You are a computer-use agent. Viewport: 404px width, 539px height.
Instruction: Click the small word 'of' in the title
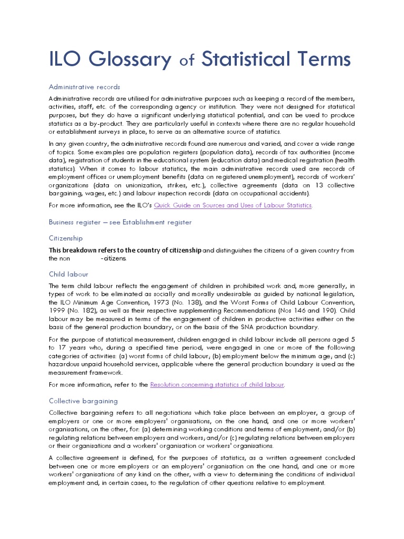[187, 62]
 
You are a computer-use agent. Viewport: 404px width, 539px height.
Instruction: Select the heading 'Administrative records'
[84, 87]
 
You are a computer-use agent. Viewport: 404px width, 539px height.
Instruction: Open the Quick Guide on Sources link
[233, 205]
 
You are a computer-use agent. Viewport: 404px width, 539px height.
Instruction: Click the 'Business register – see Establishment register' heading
[120, 222]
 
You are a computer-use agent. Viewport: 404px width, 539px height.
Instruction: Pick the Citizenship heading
[66, 238]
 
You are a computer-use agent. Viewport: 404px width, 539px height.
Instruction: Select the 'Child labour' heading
[68, 274]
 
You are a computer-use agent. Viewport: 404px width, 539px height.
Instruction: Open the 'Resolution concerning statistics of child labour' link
[217, 385]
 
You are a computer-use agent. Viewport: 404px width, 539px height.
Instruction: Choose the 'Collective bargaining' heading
[83, 401]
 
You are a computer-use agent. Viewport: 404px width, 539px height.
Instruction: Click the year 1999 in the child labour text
[57, 311]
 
